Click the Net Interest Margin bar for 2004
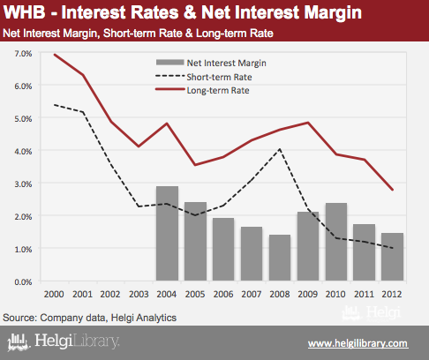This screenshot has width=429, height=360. click(x=167, y=233)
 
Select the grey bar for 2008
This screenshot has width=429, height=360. click(x=280, y=258)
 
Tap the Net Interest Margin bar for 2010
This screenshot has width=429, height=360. click(x=336, y=242)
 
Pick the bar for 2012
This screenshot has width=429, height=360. click(x=392, y=257)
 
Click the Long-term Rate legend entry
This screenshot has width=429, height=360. click(x=202, y=90)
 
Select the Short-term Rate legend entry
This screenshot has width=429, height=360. click(x=204, y=77)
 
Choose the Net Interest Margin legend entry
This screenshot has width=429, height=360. click(x=211, y=63)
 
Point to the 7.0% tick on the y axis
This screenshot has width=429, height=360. click(x=23, y=54)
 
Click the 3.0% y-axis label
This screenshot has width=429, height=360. click(x=23, y=184)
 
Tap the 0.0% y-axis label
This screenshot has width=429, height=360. click(x=23, y=282)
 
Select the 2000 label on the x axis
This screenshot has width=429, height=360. click(x=54, y=294)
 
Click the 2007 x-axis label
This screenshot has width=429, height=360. click(x=252, y=294)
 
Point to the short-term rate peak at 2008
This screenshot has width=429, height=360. click(x=280, y=149)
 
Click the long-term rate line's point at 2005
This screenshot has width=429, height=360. click(x=195, y=165)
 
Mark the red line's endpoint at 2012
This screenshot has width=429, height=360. click(x=393, y=190)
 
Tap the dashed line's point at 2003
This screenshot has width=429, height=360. click(x=139, y=206)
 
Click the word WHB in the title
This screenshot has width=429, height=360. click(x=25, y=12)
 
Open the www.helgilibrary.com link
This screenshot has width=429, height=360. click(x=358, y=343)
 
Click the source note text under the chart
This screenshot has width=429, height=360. click(x=89, y=318)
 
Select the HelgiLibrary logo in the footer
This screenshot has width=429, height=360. click(x=64, y=341)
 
